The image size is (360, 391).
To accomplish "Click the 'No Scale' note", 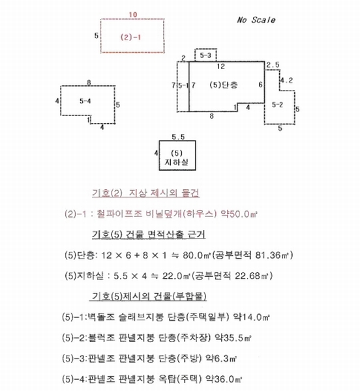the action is (256, 20).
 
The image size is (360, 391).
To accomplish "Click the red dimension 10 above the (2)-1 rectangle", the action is (133, 14).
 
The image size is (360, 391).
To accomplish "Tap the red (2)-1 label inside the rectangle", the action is (130, 37).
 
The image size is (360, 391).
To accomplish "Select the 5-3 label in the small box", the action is (205, 55).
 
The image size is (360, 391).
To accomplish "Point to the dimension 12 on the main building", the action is (221, 66).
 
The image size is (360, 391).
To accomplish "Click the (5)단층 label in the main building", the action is (224, 85).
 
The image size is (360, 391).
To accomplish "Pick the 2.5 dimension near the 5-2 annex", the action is (273, 65).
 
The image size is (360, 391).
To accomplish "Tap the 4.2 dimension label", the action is (286, 80).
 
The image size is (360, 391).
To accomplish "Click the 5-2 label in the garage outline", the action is (277, 104).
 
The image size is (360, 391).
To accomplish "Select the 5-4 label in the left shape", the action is (85, 101).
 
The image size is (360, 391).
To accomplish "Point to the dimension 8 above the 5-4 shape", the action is (89, 83).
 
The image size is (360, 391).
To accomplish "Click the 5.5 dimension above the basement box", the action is (178, 137).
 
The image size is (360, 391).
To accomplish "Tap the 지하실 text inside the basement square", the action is (176, 162).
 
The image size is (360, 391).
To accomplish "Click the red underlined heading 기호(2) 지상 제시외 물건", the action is (145, 194).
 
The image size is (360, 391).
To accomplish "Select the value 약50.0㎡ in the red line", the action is (239, 214).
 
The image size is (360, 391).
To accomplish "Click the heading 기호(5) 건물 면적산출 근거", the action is (149, 235).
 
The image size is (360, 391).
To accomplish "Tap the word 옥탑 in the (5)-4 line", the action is (167, 379).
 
